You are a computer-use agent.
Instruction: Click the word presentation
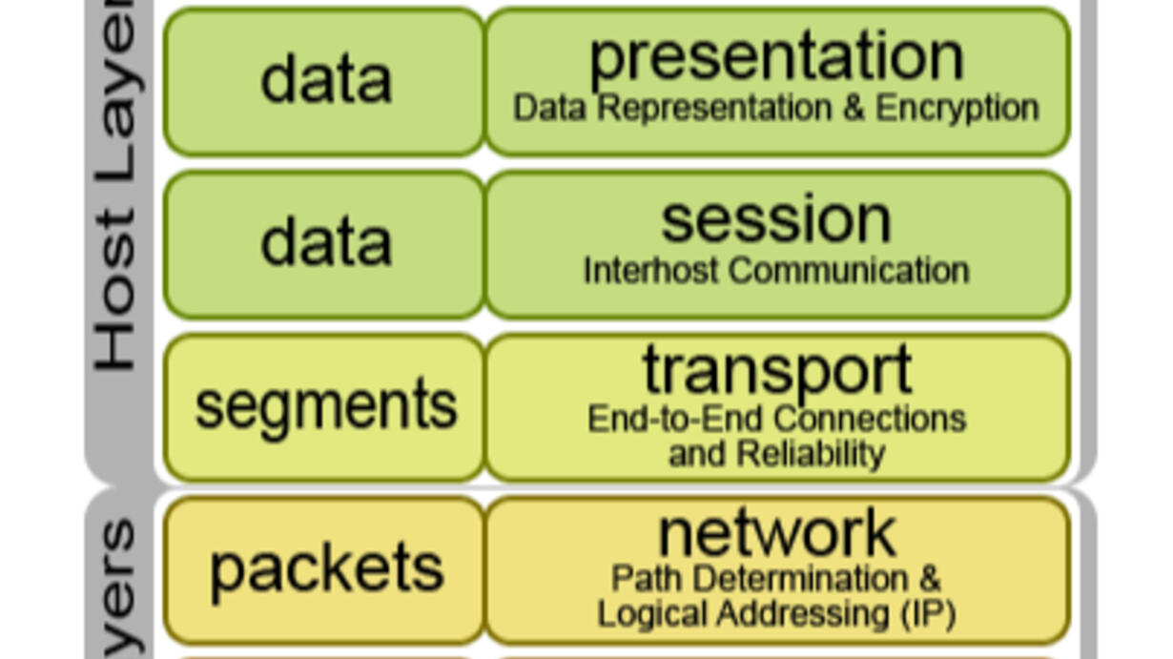pos(776,57)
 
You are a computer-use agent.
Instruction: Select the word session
pos(776,220)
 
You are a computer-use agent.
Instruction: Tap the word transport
pos(776,371)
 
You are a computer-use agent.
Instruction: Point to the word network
pos(776,533)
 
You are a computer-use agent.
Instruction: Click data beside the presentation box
pos(326,80)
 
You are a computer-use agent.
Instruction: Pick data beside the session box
pos(326,243)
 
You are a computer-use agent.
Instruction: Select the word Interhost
pos(630,271)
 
